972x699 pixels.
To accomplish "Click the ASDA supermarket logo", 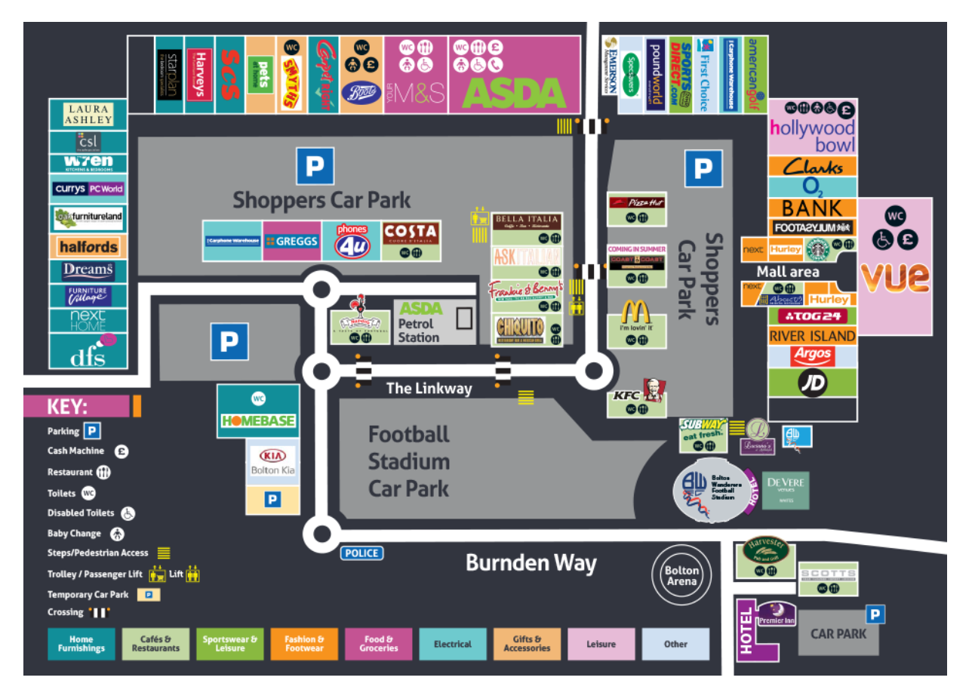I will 514,94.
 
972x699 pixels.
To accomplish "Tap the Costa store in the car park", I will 411,232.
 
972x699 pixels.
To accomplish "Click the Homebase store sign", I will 258,420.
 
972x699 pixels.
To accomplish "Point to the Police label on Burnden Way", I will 361,553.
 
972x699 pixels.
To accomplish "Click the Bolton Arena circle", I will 681,575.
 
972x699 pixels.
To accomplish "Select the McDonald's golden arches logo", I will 636,312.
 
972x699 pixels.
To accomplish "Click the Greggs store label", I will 291,242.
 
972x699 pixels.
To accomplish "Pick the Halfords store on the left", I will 88,247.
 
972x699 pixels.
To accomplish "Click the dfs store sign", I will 88,356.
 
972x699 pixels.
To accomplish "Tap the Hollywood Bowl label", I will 813,136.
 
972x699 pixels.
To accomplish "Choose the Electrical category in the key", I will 453,645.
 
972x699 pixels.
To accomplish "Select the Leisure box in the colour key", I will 601,645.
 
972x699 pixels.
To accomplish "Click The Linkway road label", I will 429,389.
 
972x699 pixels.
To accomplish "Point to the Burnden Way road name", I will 531,563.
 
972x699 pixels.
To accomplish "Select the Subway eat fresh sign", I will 703,430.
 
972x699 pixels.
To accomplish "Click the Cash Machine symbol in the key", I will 121,451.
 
